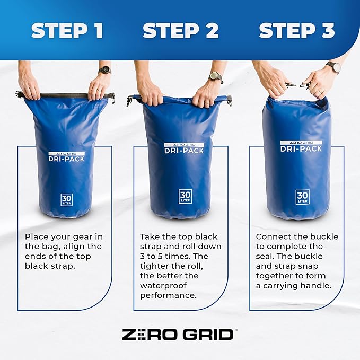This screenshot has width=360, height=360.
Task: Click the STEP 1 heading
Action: point(67,31)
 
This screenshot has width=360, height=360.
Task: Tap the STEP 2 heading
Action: point(181,31)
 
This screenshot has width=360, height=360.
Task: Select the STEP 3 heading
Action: point(296,31)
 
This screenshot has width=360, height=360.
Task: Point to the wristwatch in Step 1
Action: point(104,70)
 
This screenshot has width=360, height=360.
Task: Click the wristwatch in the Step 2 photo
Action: point(215,76)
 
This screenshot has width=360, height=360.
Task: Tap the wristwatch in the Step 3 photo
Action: point(333,67)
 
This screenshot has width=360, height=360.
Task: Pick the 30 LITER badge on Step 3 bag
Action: point(302,197)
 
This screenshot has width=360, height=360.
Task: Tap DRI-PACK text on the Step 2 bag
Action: point(184,151)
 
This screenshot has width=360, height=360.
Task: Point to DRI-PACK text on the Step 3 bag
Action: point(301,148)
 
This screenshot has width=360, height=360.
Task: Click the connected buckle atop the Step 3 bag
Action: point(298,84)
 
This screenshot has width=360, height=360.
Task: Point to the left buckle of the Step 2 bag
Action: point(130,100)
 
